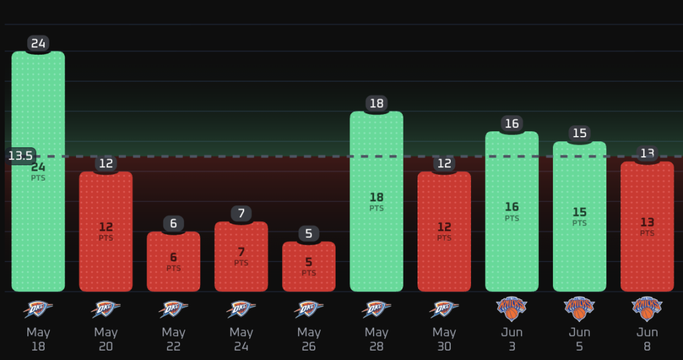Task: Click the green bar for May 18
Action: click(x=38, y=171)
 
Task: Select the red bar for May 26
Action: click(x=309, y=267)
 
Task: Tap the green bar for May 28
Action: click(x=376, y=201)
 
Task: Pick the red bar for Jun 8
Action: click(x=647, y=227)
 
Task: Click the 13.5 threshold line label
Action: click(x=21, y=156)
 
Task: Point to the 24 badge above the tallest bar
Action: click(x=38, y=43)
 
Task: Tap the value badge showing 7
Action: click(x=241, y=214)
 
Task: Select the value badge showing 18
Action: click(x=376, y=103)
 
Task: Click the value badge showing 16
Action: click(x=512, y=123)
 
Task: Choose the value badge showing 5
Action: click(x=309, y=234)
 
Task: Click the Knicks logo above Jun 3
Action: click(x=512, y=309)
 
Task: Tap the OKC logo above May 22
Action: click(x=173, y=309)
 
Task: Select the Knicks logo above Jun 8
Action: click(x=647, y=309)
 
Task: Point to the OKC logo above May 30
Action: click(x=444, y=309)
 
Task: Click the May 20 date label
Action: click(x=106, y=339)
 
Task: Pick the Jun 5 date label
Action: click(x=580, y=339)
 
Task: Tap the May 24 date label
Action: click(x=241, y=339)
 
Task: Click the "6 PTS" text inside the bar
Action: click(x=173, y=261)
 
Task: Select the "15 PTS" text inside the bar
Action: click(x=580, y=217)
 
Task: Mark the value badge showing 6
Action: click(x=173, y=224)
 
